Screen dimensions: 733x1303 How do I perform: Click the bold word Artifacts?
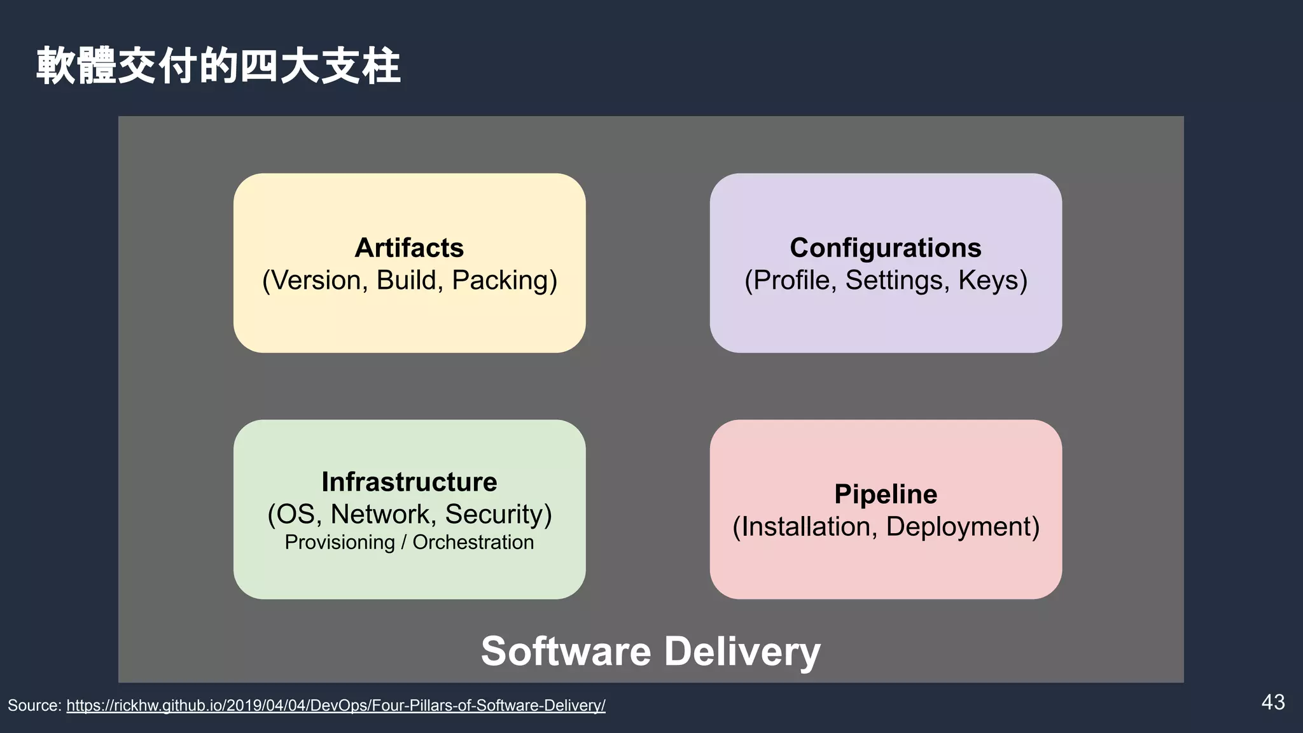409,248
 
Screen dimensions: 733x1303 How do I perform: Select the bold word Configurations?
885,248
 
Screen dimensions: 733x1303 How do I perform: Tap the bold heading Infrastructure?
409,482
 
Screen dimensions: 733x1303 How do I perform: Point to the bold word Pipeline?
885,494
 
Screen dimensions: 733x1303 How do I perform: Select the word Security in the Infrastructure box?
498,514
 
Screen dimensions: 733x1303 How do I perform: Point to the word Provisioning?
340,543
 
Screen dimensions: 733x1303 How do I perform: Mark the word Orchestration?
473,542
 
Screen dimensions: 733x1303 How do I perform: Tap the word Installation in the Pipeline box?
805,527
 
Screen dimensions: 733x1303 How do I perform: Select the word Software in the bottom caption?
566,651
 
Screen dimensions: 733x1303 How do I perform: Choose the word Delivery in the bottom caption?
742,652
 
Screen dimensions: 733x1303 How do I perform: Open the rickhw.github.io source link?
336,705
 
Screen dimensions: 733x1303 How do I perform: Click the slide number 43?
1272,702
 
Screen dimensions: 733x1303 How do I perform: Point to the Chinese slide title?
218,66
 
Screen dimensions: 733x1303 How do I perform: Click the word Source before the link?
33,705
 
